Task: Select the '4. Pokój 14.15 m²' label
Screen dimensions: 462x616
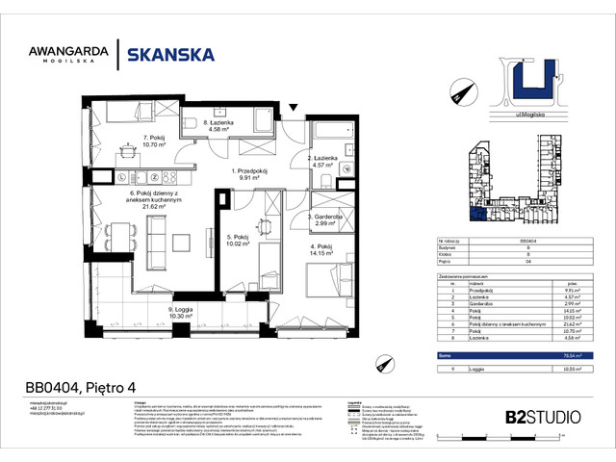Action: (x=322, y=251)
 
